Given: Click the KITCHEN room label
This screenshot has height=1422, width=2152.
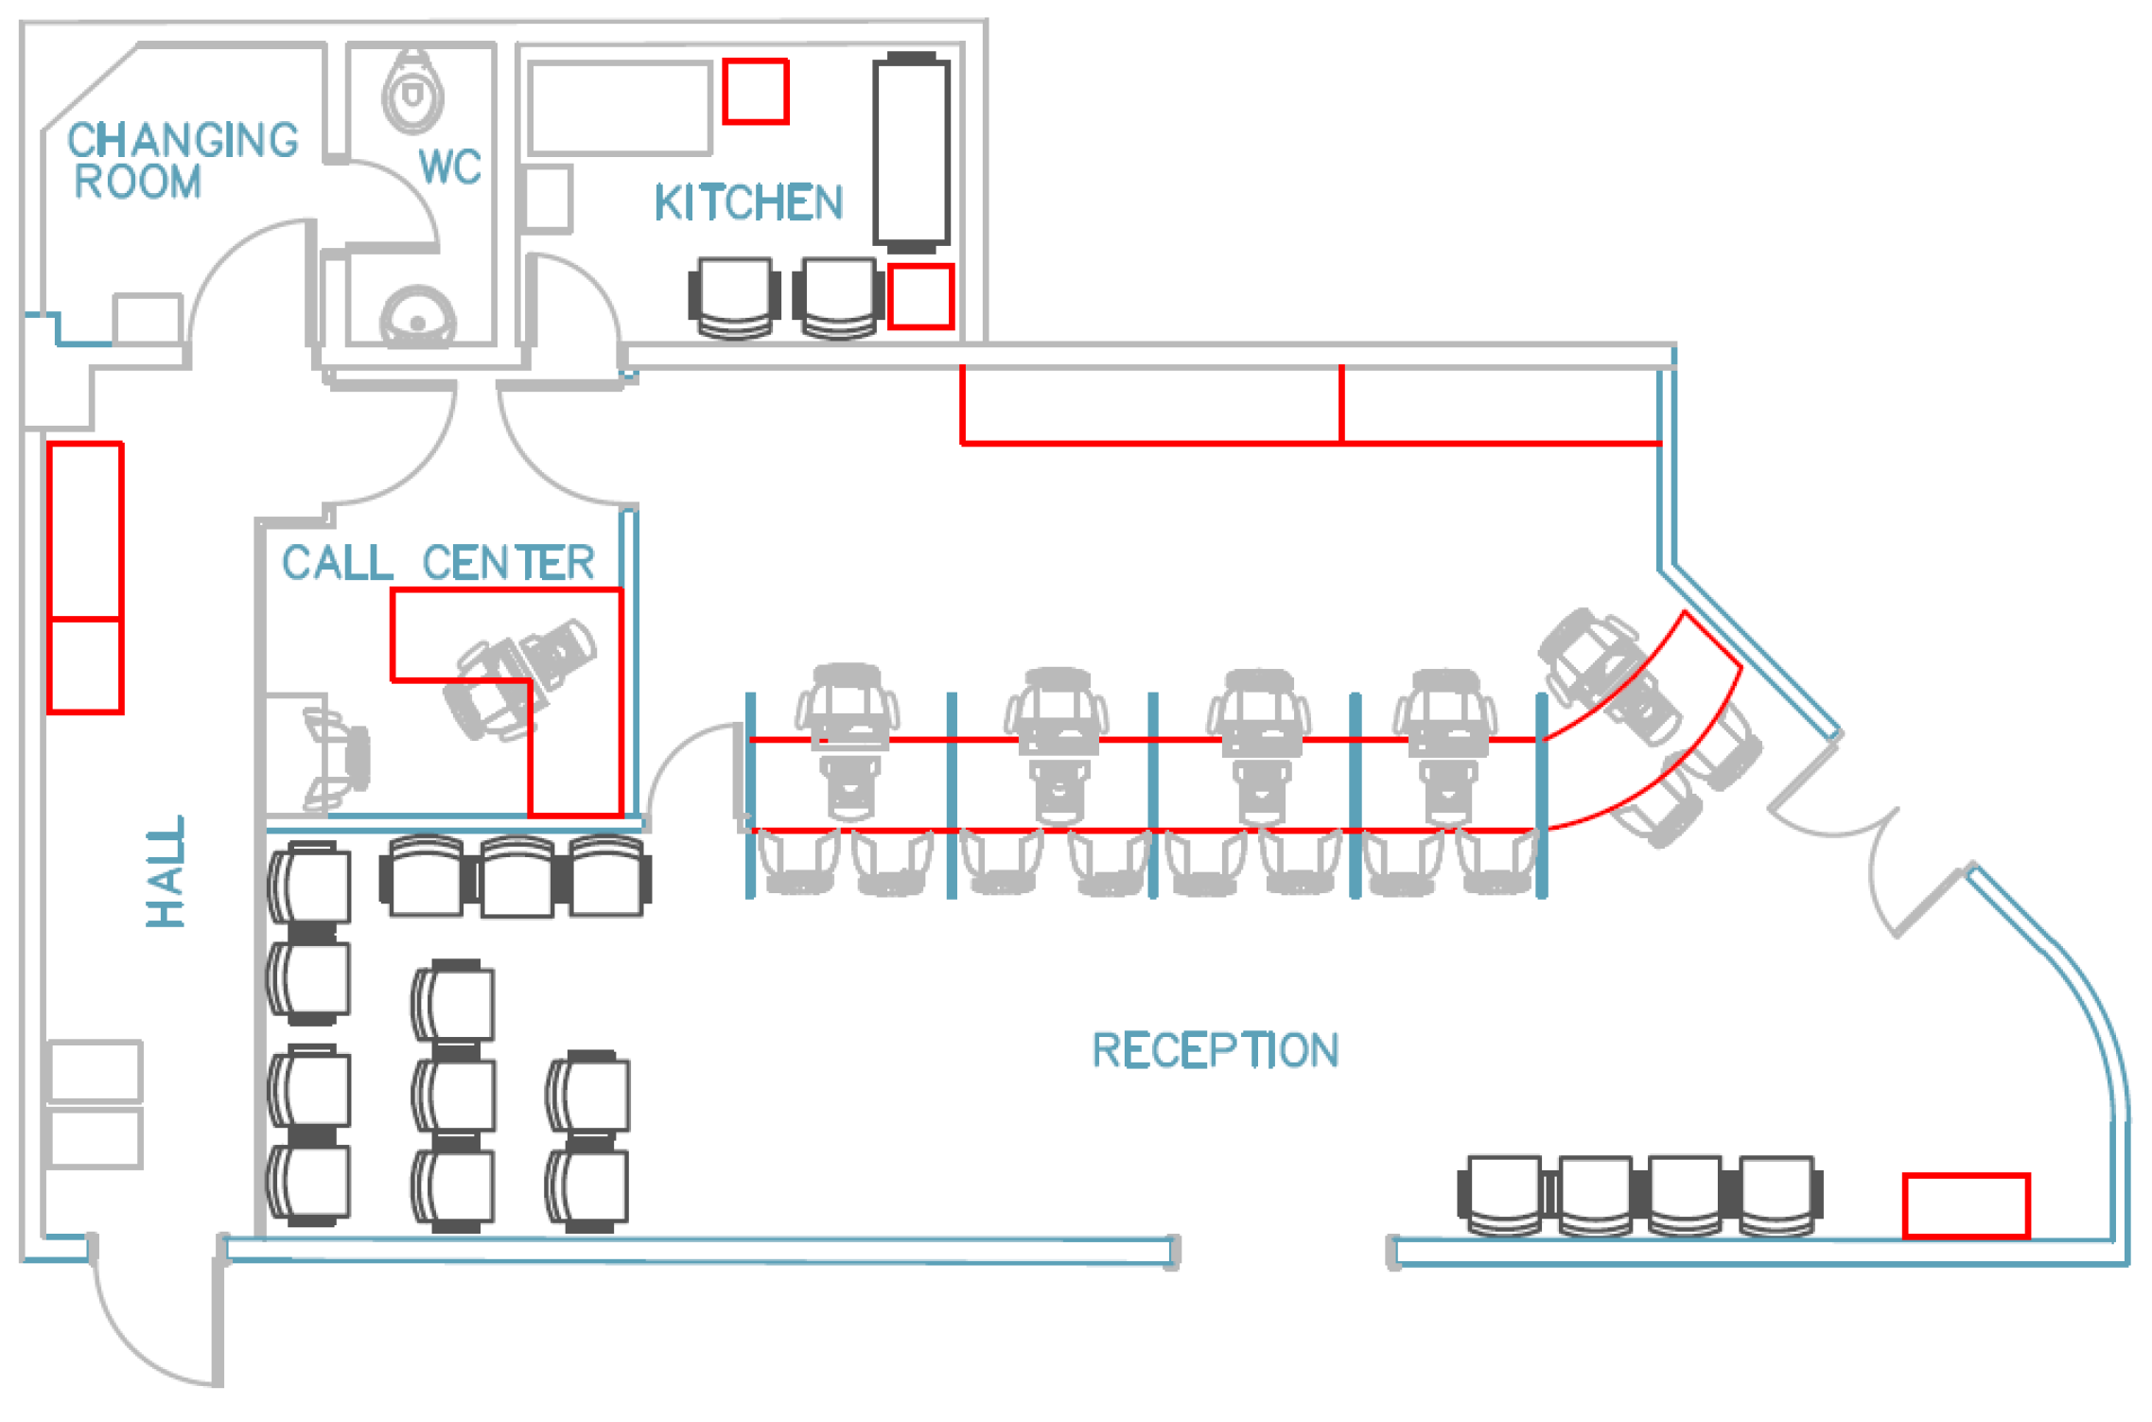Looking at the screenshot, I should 748,202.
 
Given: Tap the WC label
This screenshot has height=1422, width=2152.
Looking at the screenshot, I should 450,167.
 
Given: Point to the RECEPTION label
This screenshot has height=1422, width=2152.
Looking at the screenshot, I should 1216,1050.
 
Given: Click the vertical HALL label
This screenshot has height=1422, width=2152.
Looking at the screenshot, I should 166,871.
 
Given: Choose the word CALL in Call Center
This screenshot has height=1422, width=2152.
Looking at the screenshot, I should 337,563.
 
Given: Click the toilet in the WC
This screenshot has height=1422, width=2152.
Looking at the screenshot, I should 413,92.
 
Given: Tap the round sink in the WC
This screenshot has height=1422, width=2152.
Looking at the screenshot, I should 418,317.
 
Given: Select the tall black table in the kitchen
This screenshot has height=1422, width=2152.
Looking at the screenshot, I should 911,151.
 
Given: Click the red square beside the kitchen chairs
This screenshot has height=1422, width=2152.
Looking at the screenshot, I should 920,297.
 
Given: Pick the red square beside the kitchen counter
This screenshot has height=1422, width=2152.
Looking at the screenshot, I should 755,92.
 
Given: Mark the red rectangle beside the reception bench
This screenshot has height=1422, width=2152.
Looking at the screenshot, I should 1966,1204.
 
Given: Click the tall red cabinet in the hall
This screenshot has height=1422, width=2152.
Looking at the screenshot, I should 85,577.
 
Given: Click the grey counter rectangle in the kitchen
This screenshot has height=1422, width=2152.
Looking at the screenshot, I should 620,108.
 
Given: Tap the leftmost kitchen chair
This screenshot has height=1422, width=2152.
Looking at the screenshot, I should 734,296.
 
